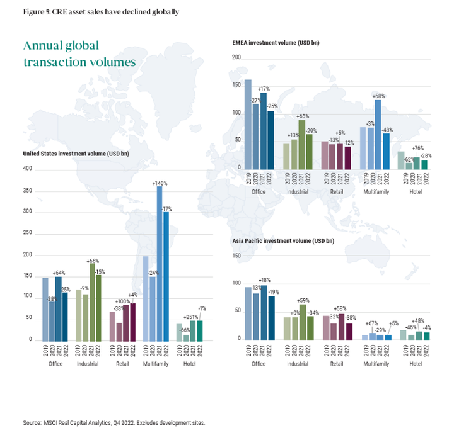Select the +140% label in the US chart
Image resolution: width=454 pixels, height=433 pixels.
coord(160,183)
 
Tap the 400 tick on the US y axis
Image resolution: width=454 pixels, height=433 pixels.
coord(26,169)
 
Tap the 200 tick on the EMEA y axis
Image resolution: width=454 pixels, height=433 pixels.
coord(237,58)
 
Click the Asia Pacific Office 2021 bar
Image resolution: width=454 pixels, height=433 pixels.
coord(264,312)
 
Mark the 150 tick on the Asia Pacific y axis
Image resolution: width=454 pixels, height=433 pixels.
coord(237,256)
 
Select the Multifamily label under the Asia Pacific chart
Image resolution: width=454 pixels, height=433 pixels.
coord(375,363)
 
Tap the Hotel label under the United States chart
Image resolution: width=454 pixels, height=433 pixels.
coord(189,364)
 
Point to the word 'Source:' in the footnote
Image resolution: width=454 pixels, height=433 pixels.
coord(32,423)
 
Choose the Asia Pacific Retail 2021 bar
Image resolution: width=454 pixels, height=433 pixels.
coord(341,326)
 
